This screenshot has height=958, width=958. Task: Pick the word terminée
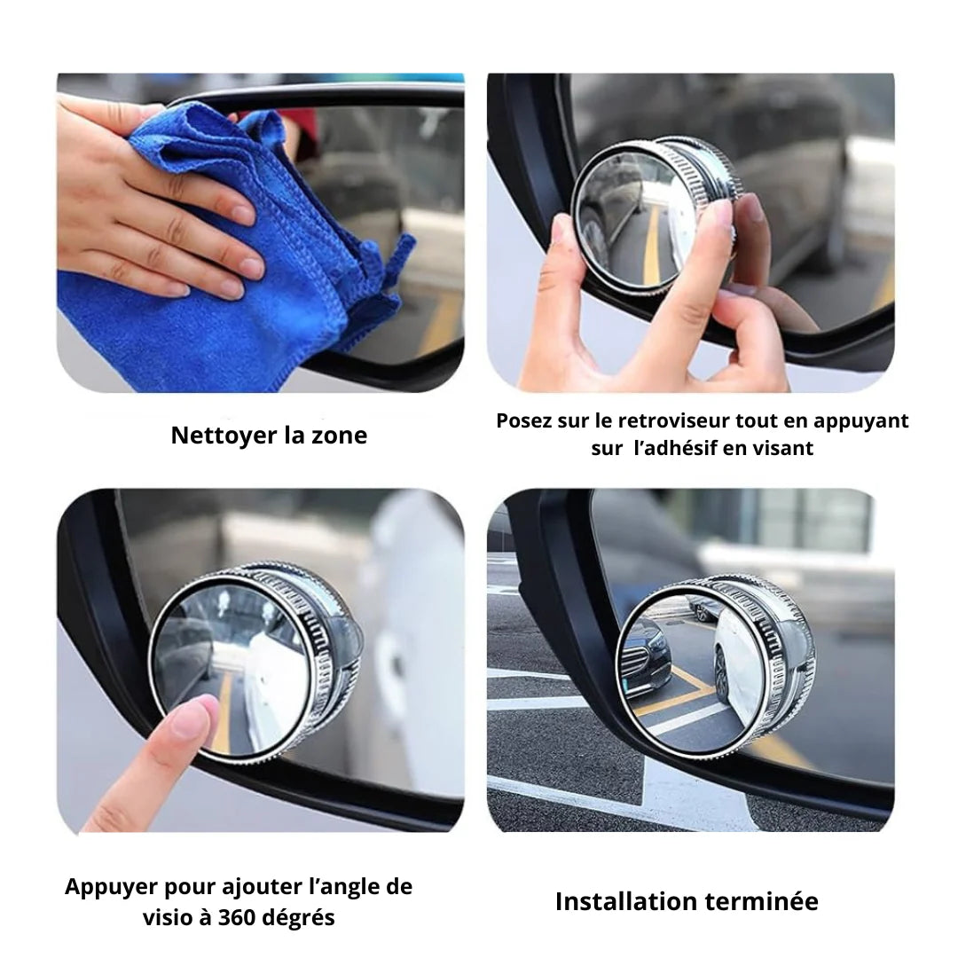point(761,902)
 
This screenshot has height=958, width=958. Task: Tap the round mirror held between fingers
point(656,215)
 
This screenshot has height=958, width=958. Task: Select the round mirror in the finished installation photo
point(715,666)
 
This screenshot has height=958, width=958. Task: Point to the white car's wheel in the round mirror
point(721,673)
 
